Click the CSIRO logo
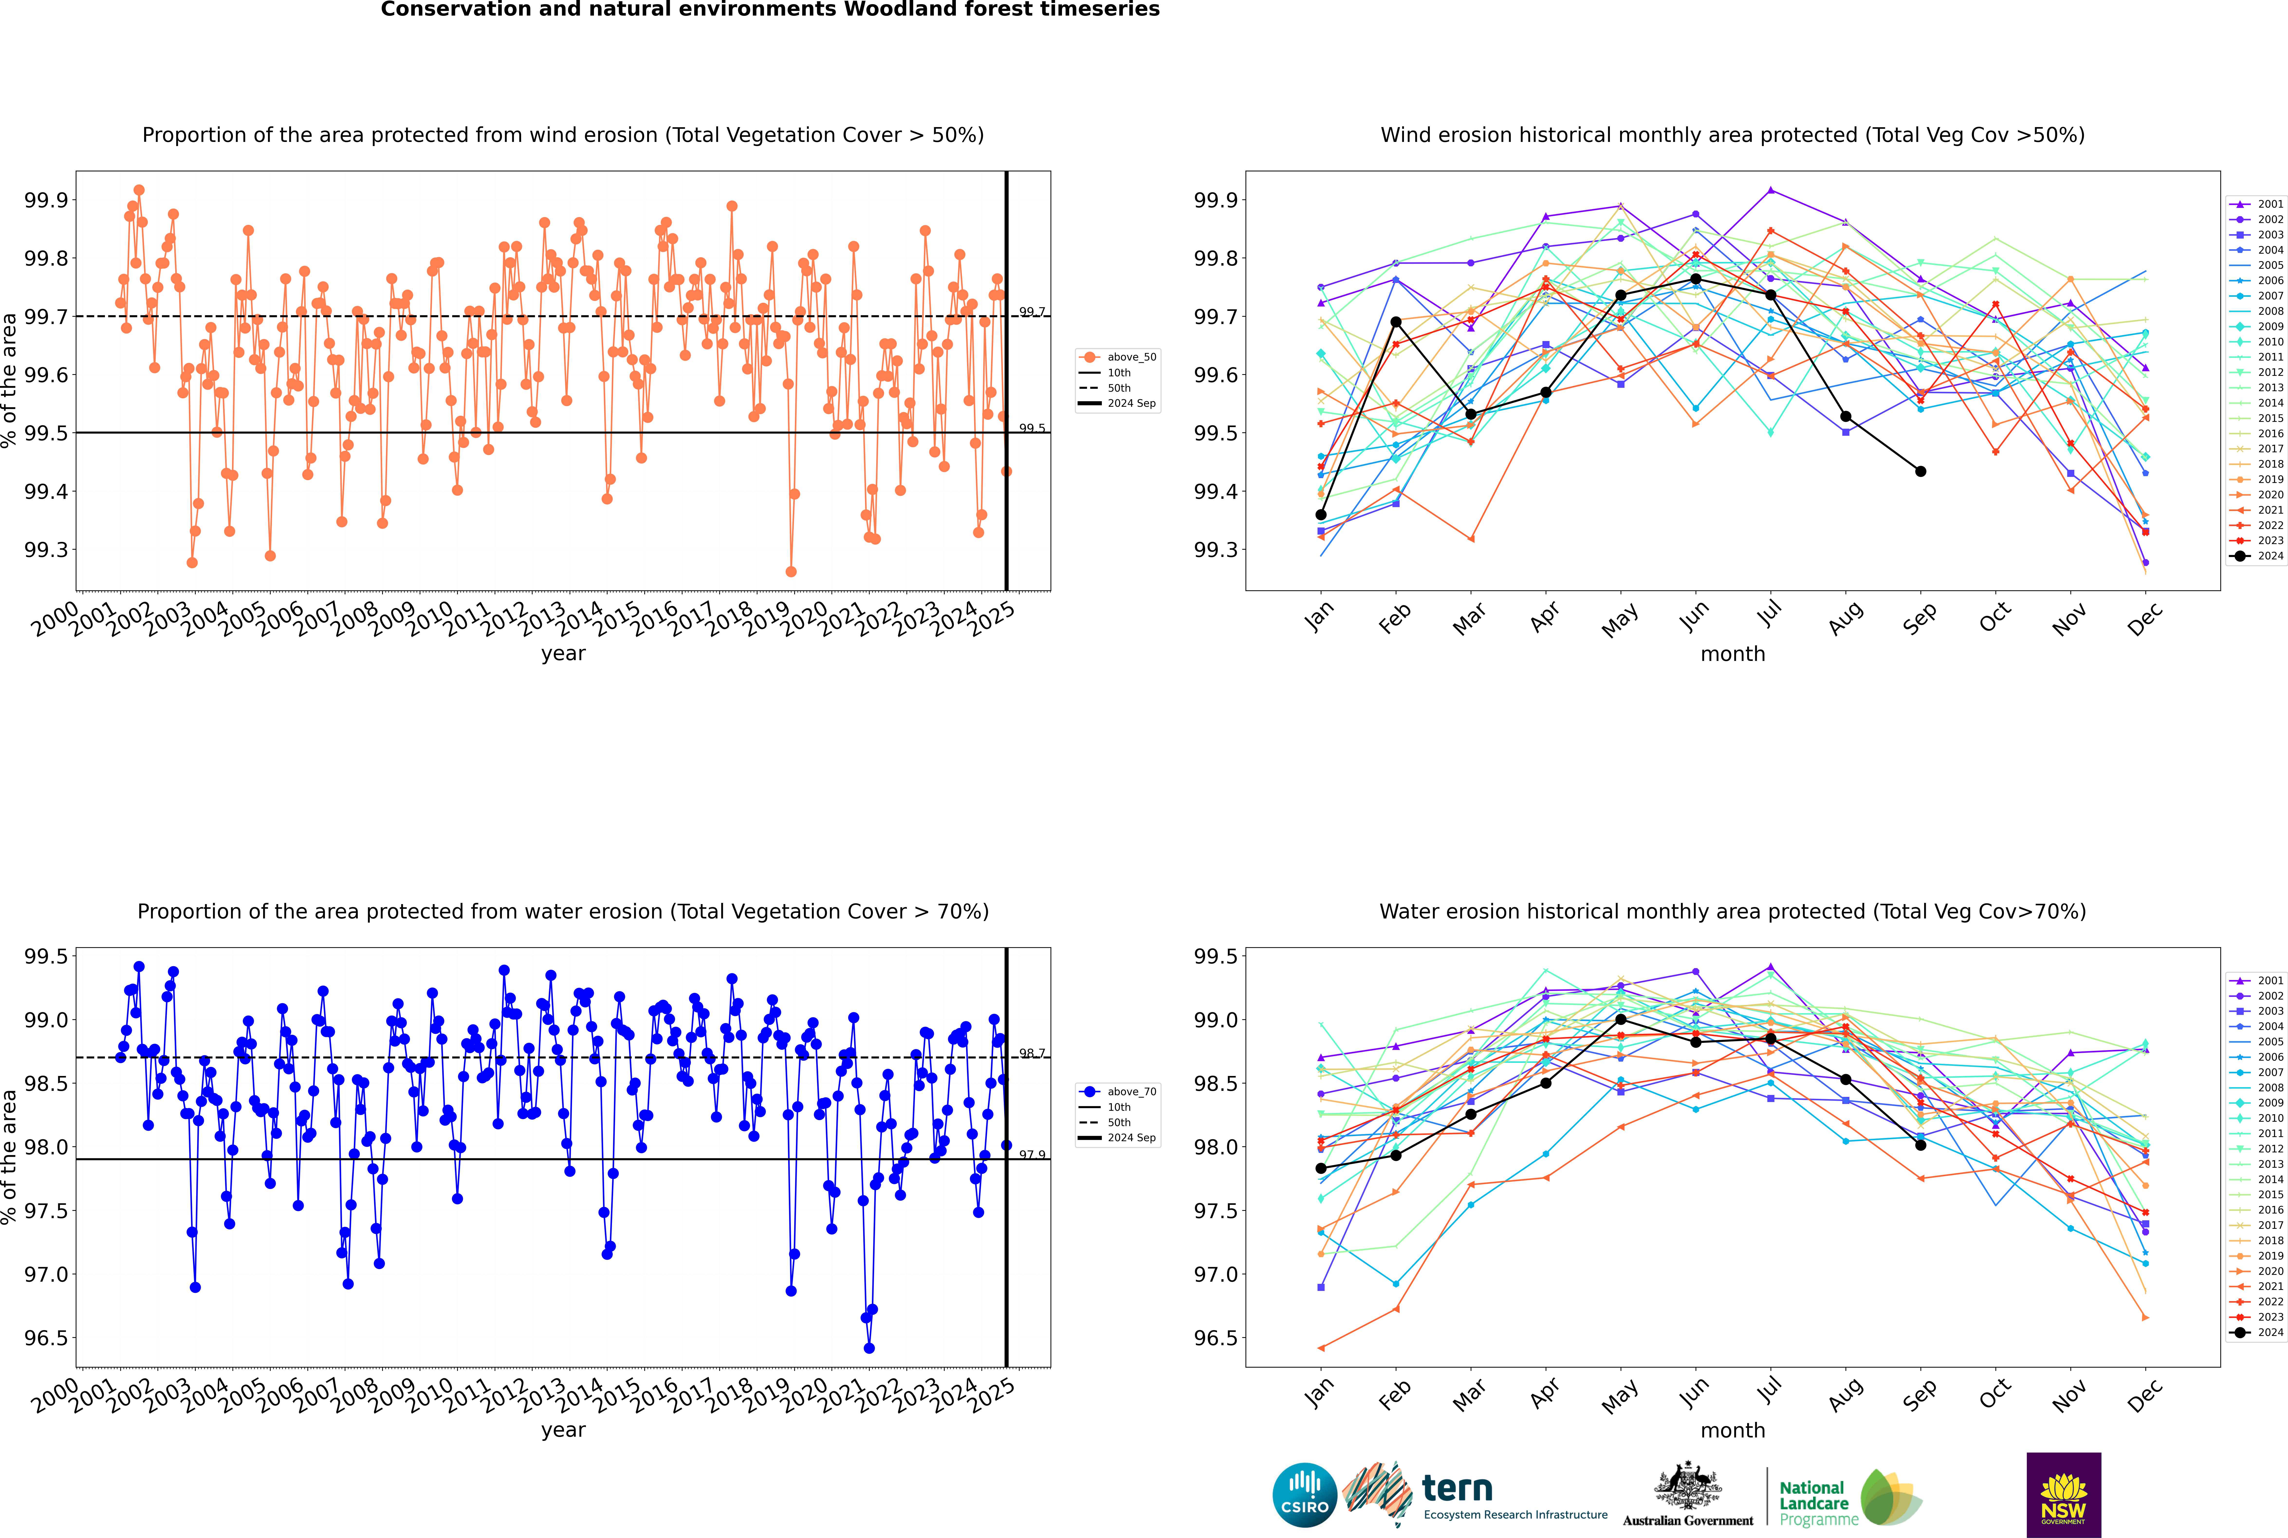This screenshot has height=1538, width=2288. click(1304, 1495)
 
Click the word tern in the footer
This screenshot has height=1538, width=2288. click(1457, 1489)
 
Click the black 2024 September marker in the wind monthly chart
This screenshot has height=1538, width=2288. click(1920, 472)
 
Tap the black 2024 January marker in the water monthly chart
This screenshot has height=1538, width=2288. click(1321, 1168)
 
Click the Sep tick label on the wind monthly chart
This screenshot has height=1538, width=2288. click(1920, 618)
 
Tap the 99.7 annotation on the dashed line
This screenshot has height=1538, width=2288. click(1032, 312)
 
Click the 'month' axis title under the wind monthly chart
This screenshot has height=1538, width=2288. click(1732, 654)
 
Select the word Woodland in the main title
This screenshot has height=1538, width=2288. click(899, 10)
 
